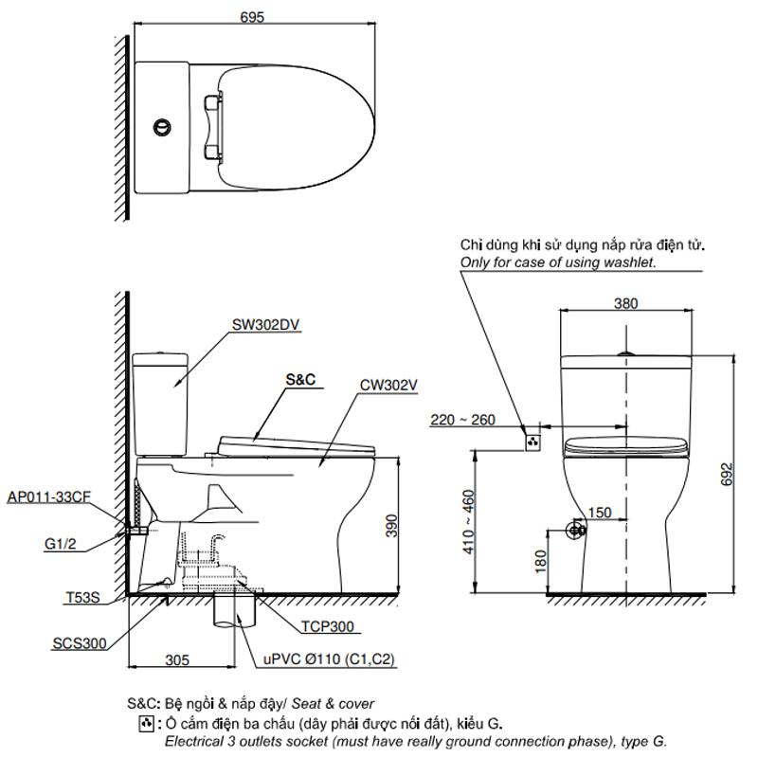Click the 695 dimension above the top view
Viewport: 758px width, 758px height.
tap(252, 17)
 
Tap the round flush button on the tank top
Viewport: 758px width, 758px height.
tap(162, 127)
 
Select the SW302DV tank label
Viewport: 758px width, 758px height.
tap(265, 324)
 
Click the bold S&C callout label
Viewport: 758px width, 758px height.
tap(300, 380)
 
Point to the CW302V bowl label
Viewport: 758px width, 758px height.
tap(388, 386)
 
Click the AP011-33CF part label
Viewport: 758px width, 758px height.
tap(49, 496)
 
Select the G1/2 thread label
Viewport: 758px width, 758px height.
tap(61, 544)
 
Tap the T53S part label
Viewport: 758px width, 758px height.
tap(82, 598)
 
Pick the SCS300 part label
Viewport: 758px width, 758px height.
tap(80, 643)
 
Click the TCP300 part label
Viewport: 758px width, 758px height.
tap(328, 626)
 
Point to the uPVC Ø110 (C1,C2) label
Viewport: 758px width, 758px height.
tap(329, 659)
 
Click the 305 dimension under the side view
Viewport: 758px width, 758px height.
tap(177, 659)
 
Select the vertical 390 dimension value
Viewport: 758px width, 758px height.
tap(391, 526)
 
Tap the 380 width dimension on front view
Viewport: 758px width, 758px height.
tap(625, 303)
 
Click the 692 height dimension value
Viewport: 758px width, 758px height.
tap(727, 475)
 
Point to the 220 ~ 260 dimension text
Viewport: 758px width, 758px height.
tap(462, 420)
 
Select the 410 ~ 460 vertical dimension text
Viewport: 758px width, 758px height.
tap(468, 522)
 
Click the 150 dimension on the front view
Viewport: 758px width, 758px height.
tap(600, 513)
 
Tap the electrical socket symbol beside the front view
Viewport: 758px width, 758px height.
tap(532, 442)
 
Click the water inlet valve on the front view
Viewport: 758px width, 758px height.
tap(576, 531)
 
